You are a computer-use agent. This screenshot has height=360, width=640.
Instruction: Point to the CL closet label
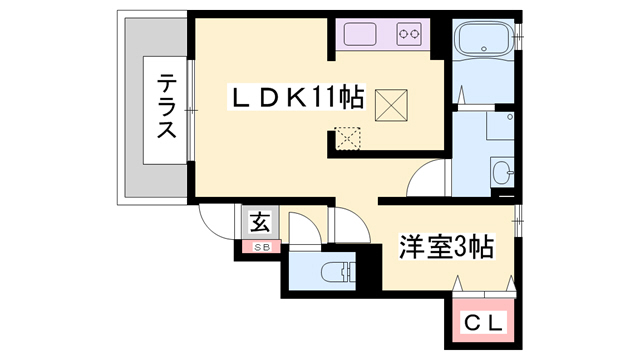coord(484,324)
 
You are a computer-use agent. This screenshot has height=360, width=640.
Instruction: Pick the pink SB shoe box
coord(259,246)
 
